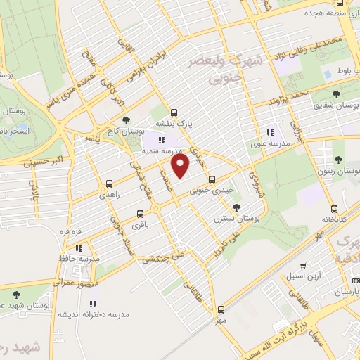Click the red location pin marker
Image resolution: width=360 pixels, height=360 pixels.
[181, 167]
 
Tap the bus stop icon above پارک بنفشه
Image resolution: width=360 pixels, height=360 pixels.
[174, 112]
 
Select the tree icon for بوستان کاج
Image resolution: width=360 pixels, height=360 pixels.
[126, 120]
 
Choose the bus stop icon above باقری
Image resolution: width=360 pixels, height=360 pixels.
[141, 213]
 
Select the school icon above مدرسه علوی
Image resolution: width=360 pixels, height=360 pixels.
[269, 131]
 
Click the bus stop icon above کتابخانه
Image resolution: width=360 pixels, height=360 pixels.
[334, 208]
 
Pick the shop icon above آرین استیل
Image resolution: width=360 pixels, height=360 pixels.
[303, 265]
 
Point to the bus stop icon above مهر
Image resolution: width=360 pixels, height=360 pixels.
[221, 309]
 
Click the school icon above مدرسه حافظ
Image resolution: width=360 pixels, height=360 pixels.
[79, 247]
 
